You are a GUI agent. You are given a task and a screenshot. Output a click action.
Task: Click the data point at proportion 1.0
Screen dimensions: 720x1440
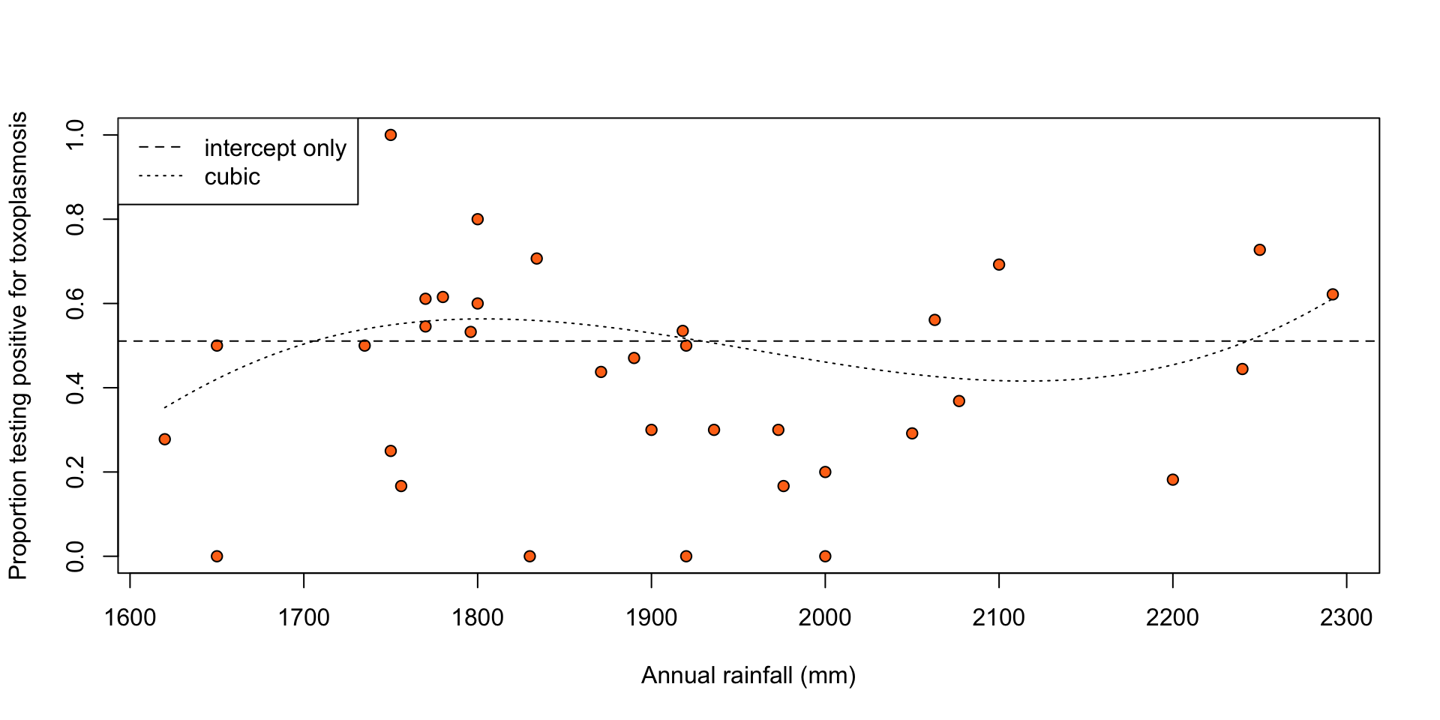click(x=390, y=135)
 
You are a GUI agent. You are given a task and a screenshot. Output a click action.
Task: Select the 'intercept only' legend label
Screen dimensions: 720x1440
click(x=275, y=148)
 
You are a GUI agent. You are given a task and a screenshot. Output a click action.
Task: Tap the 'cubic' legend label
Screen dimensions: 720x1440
click(x=232, y=177)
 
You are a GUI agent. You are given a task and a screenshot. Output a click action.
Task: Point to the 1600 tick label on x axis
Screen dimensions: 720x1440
click(x=130, y=618)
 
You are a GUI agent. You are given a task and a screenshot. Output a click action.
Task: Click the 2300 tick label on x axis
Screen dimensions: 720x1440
click(x=1346, y=618)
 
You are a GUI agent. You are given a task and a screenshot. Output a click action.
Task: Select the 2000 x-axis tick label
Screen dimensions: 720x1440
click(x=825, y=618)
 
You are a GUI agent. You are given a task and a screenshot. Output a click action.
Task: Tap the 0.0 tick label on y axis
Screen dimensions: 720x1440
click(x=76, y=556)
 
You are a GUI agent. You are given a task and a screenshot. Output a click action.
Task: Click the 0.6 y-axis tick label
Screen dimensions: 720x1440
click(x=76, y=304)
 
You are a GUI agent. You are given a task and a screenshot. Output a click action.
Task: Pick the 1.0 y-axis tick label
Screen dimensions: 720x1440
click(x=76, y=135)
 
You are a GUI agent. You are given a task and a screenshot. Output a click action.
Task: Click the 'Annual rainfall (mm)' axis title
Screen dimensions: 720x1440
click(x=748, y=676)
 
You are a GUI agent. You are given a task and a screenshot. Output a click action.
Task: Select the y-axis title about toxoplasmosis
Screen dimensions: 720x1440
click(x=18, y=346)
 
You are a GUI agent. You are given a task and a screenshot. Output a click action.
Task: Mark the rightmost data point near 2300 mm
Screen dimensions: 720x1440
click(x=1332, y=294)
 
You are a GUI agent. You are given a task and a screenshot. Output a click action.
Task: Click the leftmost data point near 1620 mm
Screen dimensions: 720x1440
click(x=165, y=439)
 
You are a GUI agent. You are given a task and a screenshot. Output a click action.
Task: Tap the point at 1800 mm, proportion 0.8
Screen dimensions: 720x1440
click(x=478, y=219)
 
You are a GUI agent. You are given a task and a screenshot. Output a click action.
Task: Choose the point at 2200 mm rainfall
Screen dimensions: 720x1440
click(x=1173, y=479)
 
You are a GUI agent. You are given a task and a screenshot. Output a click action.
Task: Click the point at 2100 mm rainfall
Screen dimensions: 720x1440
click(x=999, y=265)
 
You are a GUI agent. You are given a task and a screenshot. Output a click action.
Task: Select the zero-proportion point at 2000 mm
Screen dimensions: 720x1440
click(x=825, y=556)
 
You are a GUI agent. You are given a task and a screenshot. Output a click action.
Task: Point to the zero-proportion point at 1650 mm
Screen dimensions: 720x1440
click(x=217, y=556)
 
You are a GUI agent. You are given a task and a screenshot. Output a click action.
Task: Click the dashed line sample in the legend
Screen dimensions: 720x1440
click(x=160, y=148)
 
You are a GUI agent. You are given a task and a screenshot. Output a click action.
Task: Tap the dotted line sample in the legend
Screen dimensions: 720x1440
click(x=160, y=177)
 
